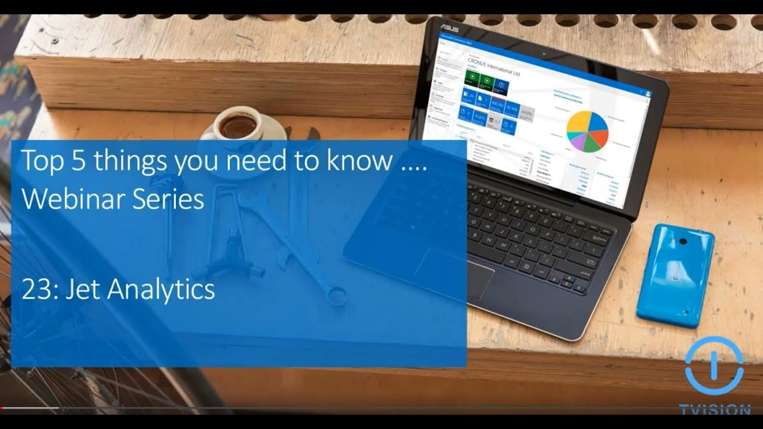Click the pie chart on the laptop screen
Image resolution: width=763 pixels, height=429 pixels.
coord(587,130)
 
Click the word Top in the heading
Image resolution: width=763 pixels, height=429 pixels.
coord(42,161)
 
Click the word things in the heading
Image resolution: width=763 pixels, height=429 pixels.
coord(128,161)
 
